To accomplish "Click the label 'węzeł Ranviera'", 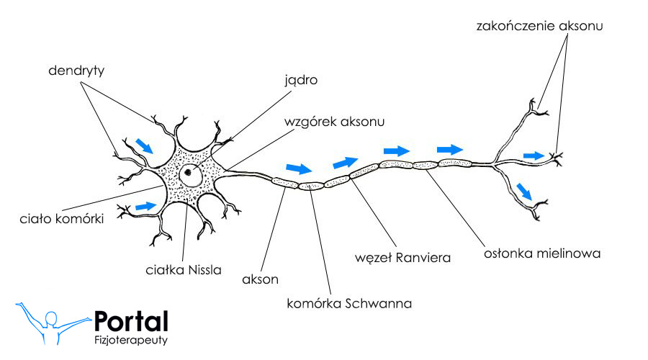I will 403,257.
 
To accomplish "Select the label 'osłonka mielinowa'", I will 541,253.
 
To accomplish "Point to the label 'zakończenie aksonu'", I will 539,26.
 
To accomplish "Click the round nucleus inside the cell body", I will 191,172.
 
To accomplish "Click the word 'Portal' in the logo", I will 131,321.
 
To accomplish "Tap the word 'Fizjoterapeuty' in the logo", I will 131,340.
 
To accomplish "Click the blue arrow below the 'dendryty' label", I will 145,146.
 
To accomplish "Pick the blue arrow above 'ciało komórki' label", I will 146,206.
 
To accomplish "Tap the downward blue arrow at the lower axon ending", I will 526,191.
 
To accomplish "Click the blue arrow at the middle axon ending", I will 534,156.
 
